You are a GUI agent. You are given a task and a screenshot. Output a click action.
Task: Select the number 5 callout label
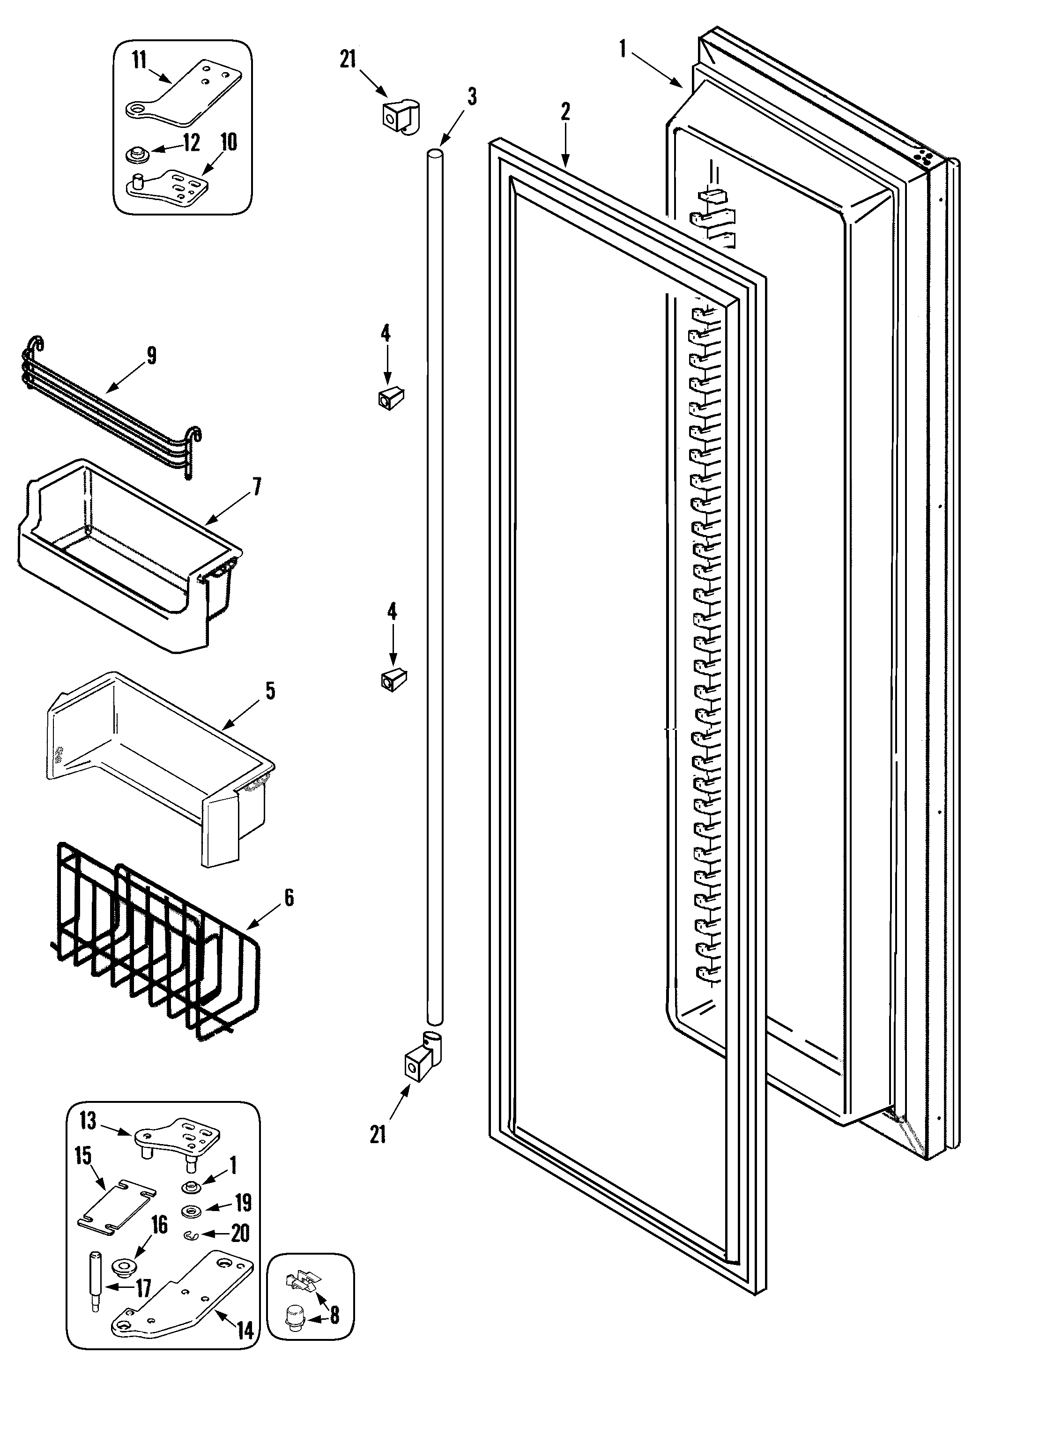click(x=270, y=691)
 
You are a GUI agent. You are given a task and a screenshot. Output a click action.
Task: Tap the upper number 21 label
click(x=347, y=60)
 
